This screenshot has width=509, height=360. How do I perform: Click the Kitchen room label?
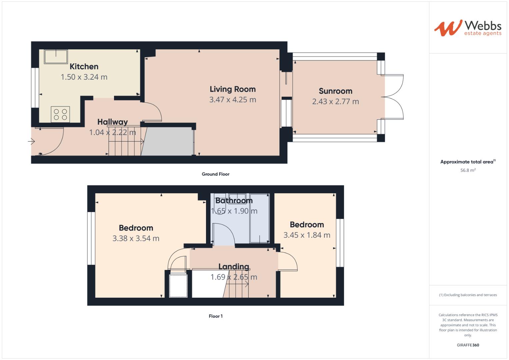(x=84, y=66)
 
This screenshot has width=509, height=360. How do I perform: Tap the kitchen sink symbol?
(x=56, y=56)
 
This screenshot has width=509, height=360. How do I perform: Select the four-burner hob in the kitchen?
(x=60, y=114)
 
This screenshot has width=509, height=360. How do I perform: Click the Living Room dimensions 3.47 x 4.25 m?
(x=232, y=100)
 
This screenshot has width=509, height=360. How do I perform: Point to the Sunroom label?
(x=335, y=91)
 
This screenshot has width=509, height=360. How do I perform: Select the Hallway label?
(x=112, y=122)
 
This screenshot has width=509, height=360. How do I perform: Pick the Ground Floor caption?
(x=215, y=174)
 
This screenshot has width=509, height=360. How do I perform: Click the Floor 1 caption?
(x=215, y=316)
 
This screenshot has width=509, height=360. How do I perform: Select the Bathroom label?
(x=234, y=201)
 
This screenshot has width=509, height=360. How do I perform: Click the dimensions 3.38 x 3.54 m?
(x=136, y=238)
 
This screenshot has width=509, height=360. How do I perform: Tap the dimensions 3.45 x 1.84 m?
(x=307, y=235)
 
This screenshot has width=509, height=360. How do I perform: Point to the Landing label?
(x=234, y=267)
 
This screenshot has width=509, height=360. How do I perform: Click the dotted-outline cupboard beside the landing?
(x=178, y=285)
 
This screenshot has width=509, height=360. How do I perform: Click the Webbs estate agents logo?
(x=467, y=28)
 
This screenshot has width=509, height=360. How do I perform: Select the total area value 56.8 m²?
(x=468, y=170)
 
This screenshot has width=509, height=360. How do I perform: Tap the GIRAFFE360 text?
(x=468, y=345)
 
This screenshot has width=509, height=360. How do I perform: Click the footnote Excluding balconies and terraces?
(x=468, y=295)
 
